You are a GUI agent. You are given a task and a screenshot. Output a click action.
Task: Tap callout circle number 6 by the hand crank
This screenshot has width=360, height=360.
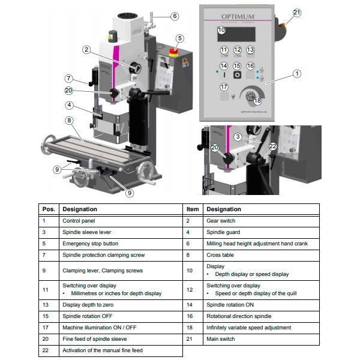(x=175, y=16)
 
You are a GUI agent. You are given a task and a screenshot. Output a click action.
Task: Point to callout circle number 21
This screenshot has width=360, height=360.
(x=298, y=13)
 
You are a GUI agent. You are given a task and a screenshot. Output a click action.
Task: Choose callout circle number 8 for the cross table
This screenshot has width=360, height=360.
(x=70, y=121)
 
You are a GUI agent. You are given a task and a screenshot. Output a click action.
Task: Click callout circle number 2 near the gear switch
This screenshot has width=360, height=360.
(x=86, y=50)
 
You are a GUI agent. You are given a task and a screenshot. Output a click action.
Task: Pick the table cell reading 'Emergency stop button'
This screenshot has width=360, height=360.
(x=91, y=244)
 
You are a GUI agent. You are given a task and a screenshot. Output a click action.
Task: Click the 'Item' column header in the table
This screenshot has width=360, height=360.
(x=192, y=209)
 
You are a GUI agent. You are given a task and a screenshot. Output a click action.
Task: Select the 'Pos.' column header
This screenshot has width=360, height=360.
(x=49, y=209)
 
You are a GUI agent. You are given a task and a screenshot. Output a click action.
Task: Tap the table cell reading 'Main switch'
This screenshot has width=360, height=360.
(x=221, y=339)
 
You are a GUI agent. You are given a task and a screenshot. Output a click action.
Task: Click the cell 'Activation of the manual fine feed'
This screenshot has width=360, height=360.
(x=103, y=350)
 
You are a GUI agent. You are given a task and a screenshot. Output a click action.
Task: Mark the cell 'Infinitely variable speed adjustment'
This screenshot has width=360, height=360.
(x=248, y=328)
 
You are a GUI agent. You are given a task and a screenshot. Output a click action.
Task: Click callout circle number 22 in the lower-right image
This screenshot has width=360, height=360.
(x=273, y=146)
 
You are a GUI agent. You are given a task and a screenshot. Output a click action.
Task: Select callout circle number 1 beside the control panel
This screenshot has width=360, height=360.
(x=296, y=74)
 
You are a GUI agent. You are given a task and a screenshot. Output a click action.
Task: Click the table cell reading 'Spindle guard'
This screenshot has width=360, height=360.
(x=223, y=232)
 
